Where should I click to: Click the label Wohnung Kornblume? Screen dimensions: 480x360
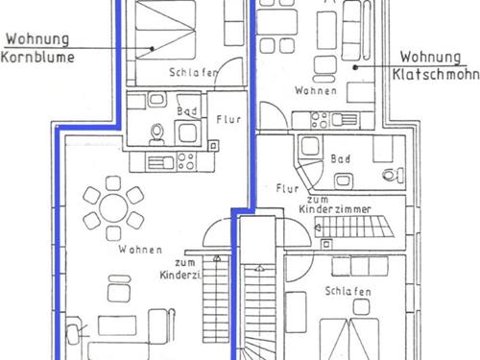(x=37, y=48)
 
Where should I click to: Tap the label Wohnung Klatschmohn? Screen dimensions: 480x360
(x=436, y=66)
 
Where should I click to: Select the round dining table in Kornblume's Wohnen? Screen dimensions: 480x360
(x=113, y=208)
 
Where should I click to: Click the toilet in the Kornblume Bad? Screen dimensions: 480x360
(x=157, y=134)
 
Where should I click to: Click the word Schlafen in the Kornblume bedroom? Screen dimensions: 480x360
(x=193, y=73)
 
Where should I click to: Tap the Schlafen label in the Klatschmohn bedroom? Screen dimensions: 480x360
(x=348, y=291)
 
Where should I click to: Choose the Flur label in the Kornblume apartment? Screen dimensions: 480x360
(x=228, y=119)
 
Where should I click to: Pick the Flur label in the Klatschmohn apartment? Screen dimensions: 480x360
(x=287, y=188)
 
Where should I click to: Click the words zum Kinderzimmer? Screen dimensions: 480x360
(x=335, y=204)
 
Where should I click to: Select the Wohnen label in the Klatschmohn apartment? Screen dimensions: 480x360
(x=316, y=90)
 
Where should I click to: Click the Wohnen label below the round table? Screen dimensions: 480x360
(x=140, y=250)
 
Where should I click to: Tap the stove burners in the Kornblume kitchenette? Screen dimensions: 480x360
(x=186, y=161)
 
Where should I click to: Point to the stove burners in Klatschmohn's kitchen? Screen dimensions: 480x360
(x=320, y=120)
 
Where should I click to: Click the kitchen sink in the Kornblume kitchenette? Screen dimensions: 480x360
(x=160, y=162)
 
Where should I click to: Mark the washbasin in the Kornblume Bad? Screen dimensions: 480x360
(x=156, y=99)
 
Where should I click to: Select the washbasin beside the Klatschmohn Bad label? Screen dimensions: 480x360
(x=344, y=180)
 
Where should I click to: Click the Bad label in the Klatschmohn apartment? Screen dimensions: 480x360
(x=340, y=158)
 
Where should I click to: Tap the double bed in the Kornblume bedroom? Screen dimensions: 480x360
(x=165, y=30)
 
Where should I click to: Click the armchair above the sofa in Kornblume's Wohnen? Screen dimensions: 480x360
(x=119, y=289)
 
